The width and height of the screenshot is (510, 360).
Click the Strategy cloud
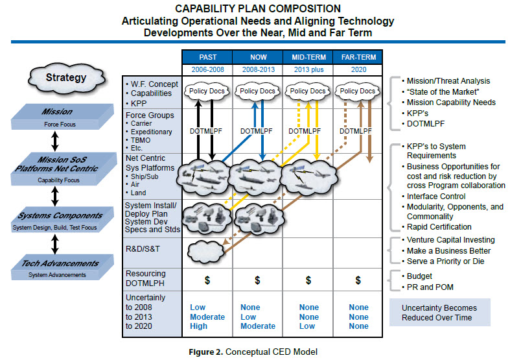[x=66, y=78]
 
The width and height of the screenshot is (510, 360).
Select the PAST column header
[x=207, y=57]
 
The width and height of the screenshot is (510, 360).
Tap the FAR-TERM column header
[x=358, y=57]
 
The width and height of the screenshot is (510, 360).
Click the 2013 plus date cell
[x=308, y=69]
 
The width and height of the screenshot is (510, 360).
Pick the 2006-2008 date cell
[x=207, y=69]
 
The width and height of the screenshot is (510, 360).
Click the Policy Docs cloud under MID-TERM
[x=308, y=91]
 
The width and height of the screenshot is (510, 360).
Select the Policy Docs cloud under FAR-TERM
[x=358, y=91]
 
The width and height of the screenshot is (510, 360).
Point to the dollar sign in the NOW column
[x=258, y=280]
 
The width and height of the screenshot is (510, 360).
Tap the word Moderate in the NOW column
[x=258, y=326]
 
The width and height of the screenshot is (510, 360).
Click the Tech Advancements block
[x=62, y=267]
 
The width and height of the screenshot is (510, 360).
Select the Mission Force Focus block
[x=62, y=117]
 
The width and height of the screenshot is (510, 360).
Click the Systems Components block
[x=62, y=220]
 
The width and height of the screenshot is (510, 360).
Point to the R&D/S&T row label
[x=143, y=249]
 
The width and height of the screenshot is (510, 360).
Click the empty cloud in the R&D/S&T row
[x=206, y=252]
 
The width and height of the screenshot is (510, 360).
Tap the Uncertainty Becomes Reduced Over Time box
[x=440, y=313]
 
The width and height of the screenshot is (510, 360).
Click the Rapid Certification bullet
[x=437, y=227]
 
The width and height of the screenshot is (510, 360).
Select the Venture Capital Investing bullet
[x=448, y=240]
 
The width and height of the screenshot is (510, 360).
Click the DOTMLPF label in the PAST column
[x=206, y=131]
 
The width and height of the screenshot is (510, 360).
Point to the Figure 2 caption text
[x=253, y=352]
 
